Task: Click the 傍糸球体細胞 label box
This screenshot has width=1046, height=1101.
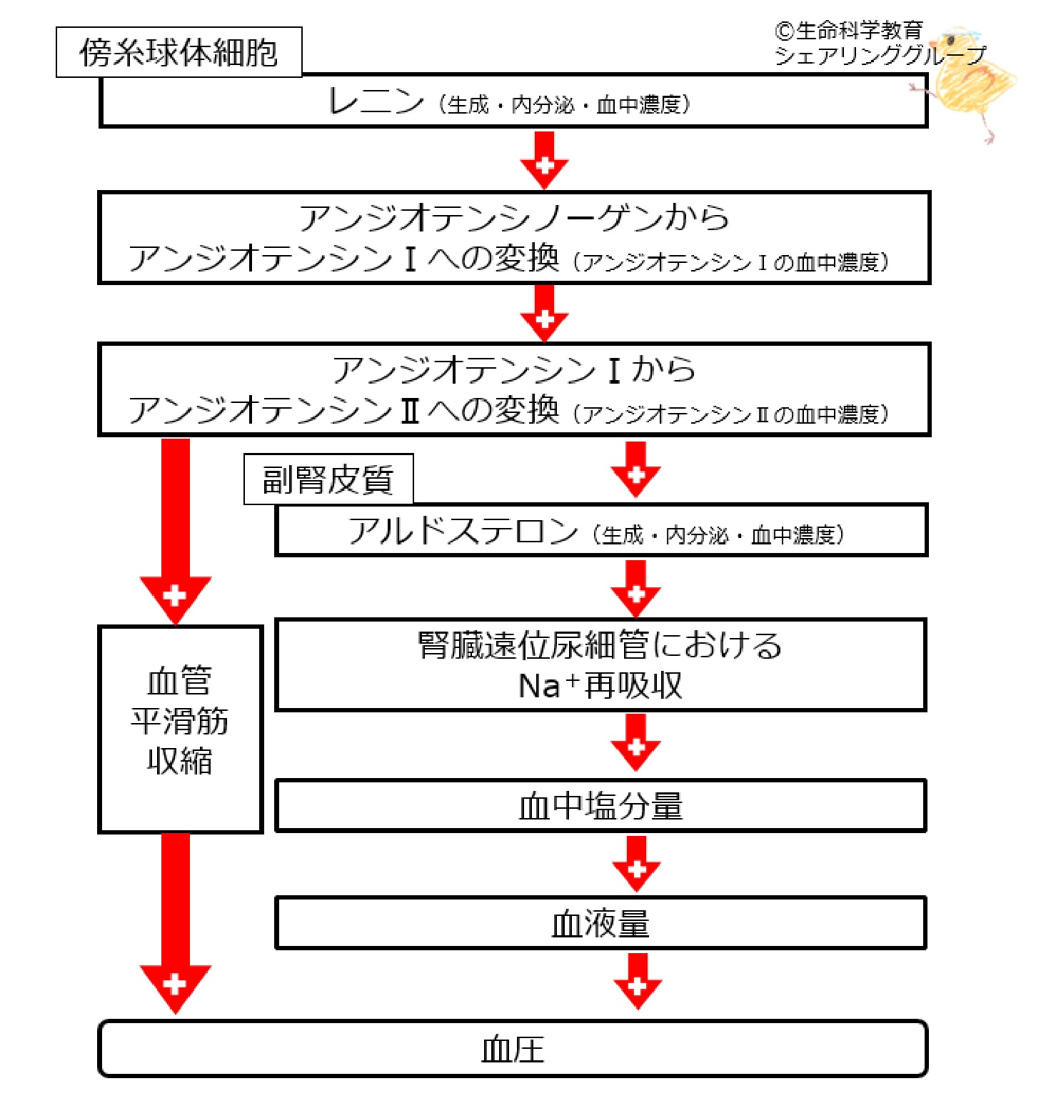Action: (x=178, y=52)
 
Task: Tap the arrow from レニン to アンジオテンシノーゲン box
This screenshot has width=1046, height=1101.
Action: (x=544, y=161)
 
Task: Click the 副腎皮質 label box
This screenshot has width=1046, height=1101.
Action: (x=328, y=479)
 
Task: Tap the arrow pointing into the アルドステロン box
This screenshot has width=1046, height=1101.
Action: (x=635, y=470)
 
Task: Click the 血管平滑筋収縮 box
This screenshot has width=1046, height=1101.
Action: (x=180, y=729)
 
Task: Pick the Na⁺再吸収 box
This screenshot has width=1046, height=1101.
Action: (x=600, y=665)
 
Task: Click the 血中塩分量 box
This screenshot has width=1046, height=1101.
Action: (x=600, y=806)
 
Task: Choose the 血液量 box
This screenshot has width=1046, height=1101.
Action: (x=600, y=924)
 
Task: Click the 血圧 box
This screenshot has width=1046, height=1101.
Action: (x=513, y=1049)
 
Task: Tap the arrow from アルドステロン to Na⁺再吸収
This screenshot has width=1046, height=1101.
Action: (x=635, y=589)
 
